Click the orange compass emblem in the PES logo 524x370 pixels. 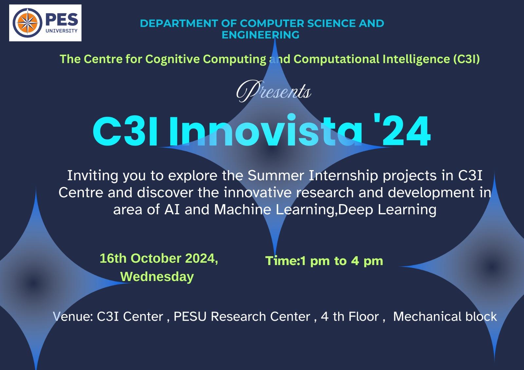click(x=28, y=23)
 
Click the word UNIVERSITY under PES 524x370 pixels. click(x=62, y=31)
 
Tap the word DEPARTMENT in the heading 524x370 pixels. click(x=179, y=23)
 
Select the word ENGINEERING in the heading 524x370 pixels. click(x=260, y=35)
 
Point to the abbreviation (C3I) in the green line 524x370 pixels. click(x=466, y=59)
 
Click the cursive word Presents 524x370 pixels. click(x=274, y=91)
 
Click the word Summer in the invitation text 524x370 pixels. click(x=276, y=175)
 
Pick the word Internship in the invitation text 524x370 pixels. click(x=344, y=176)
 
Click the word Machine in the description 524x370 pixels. click(x=243, y=209)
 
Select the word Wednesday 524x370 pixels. click(x=157, y=277)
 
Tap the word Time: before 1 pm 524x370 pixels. click(x=283, y=261)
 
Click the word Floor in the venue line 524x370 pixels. click(x=364, y=317)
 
